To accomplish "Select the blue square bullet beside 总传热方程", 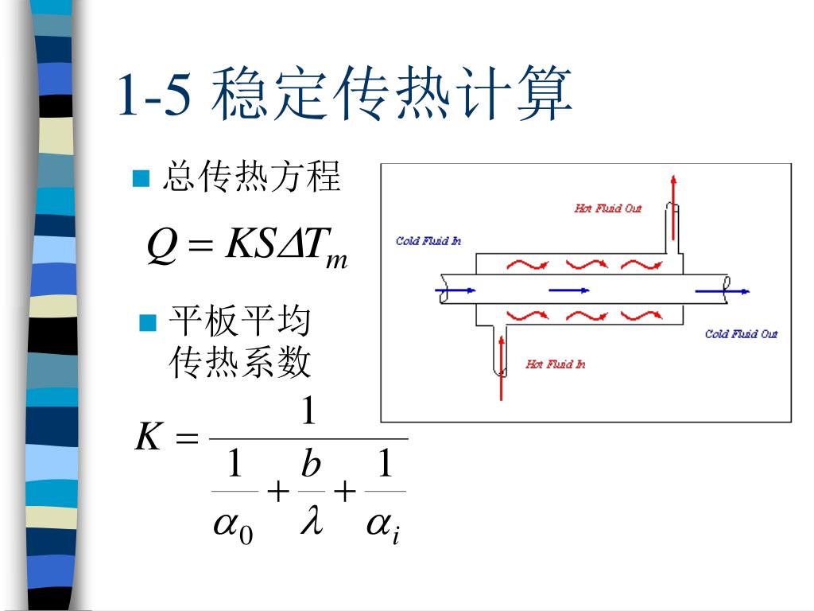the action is (x=141, y=178).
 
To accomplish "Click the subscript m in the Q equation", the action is (x=336, y=260).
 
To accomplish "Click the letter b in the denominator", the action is (x=311, y=464).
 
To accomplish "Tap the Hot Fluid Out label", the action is (x=607, y=208).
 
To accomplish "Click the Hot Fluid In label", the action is (x=555, y=364).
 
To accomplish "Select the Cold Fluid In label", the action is (x=428, y=240).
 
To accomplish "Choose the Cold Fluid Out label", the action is (x=741, y=333).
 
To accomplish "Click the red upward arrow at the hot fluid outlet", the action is (x=673, y=207).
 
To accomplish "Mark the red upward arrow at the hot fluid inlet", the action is (x=501, y=366).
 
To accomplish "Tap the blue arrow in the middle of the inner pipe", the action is (x=569, y=290).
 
